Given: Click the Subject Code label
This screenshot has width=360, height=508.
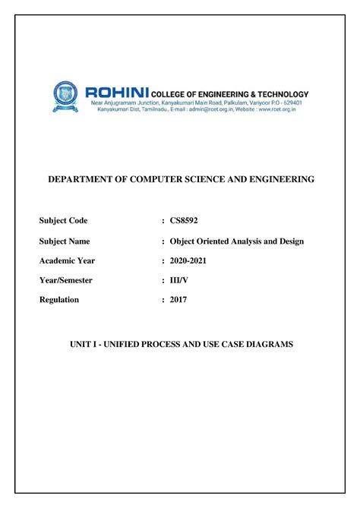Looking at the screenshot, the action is point(63,221).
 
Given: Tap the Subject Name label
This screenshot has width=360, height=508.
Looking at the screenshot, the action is point(65,241).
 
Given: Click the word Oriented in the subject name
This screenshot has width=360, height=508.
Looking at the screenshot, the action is point(216,241).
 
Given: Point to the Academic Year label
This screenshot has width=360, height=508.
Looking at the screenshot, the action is point(67,261).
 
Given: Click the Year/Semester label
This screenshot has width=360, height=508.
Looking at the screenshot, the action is point(66,280).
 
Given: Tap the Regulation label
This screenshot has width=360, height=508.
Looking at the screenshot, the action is point(59,300).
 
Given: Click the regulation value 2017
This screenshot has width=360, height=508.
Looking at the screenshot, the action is point(178,300).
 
